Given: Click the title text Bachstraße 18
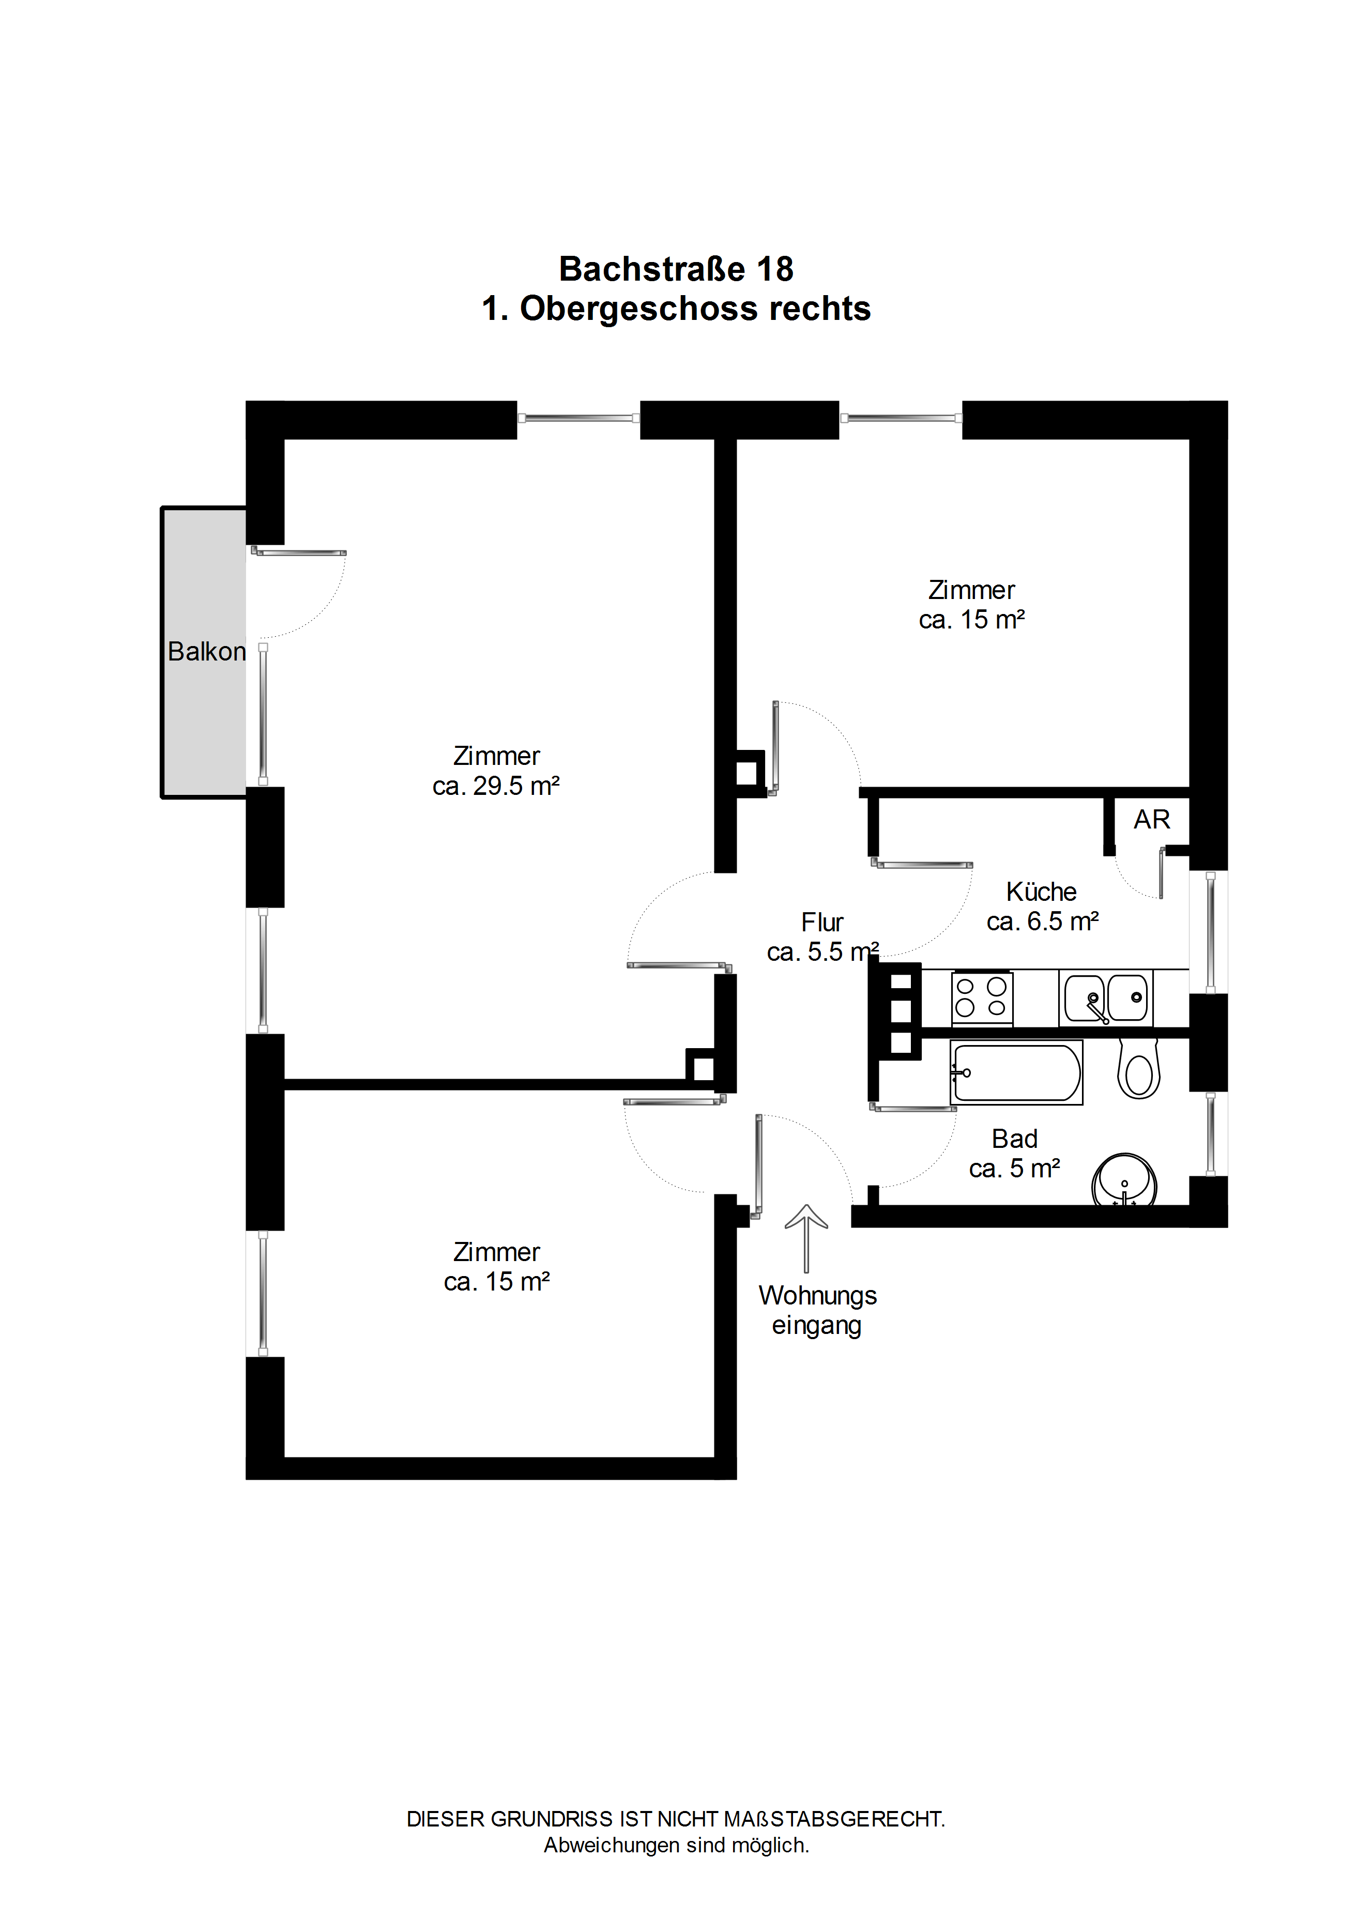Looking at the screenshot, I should pyautogui.click(x=676, y=269).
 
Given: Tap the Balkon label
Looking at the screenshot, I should pyautogui.click(x=206, y=651).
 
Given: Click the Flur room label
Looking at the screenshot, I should pyautogui.click(x=822, y=922).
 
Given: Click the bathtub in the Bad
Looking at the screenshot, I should pyautogui.click(x=1017, y=1072).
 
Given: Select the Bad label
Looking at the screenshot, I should pyautogui.click(x=1014, y=1139).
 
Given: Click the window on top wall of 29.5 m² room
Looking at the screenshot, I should pyautogui.click(x=578, y=418).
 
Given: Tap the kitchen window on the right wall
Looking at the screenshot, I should pyautogui.click(x=1210, y=932).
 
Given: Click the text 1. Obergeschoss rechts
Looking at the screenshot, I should pyautogui.click(x=676, y=309).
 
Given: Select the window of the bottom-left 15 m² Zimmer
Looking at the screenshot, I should pyautogui.click(x=263, y=1293).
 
